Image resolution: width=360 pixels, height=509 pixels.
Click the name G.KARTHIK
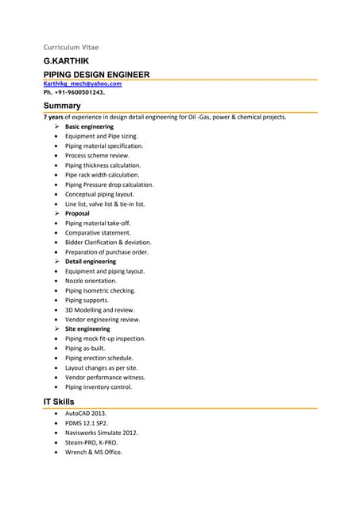pos(66,60)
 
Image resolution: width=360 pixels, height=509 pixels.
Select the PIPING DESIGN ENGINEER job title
pos(96,74)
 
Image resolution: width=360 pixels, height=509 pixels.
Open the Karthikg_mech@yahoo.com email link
pos(83,84)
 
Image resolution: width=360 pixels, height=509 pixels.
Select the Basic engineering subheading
pos(89,126)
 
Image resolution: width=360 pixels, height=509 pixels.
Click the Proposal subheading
pos(77,213)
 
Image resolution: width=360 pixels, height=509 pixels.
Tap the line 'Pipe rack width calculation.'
pos(102,175)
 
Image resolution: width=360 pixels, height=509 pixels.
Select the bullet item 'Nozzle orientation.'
pos(91,281)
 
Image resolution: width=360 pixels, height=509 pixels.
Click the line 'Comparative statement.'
pos(98,232)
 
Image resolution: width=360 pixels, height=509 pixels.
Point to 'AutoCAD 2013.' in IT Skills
pos(86,414)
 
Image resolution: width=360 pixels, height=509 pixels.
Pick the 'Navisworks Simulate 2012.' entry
pos(101,433)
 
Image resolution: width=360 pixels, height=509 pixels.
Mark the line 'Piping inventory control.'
pos(99,387)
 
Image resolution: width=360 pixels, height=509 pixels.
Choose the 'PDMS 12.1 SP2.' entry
pos(87,423)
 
